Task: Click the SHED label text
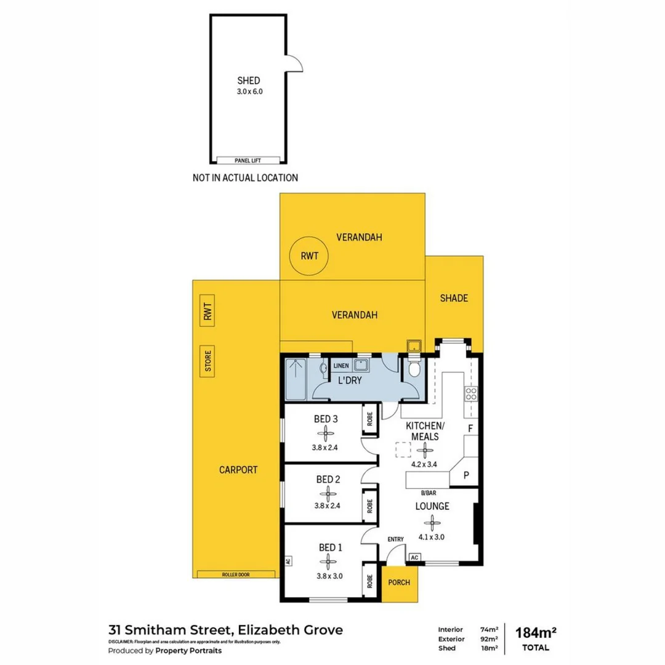[249, 81]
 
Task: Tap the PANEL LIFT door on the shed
[248, 161]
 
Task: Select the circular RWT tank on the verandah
[309, 257]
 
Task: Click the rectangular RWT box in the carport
[208, 312]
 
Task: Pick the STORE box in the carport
[208, 361]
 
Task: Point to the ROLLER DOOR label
[236, 574]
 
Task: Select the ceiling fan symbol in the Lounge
[434, 522]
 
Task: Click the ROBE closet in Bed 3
[370, 417]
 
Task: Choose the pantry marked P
[466, 475]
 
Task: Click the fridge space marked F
[470, 427]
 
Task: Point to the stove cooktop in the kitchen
[471, 393]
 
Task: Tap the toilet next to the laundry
[415, 370]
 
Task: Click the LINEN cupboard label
[341, 366]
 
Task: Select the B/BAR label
[429, 494]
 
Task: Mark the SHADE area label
[454, 298]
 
